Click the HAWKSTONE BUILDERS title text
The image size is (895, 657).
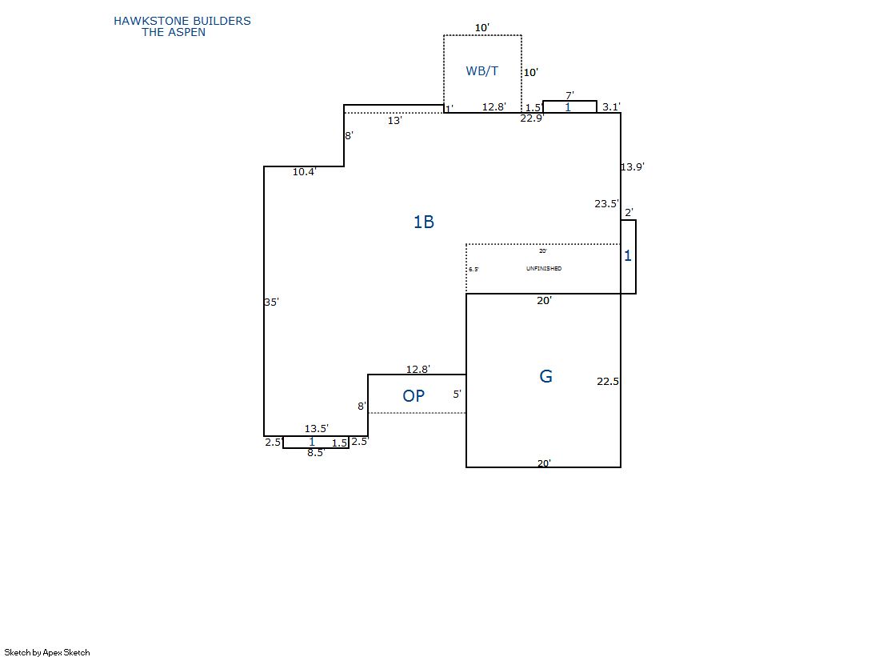tap(182, 21)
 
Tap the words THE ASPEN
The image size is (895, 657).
tap(174, 33)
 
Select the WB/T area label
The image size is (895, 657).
tap(481, 71)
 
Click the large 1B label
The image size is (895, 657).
tap(424, 222)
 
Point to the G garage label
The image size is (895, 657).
tap(545, 376)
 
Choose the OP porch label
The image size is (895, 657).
tap(414, 396)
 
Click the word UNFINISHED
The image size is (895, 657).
tap(544, 269)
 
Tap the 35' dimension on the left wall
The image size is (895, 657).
tap(271, 302)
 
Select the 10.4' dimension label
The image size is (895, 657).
tap(304, 172)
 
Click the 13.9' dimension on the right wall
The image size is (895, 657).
tap(633, 166)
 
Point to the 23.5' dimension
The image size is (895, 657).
tap(606, 204)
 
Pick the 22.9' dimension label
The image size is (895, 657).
tap(532, 118)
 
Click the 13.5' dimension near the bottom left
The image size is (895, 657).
tap(316, 428)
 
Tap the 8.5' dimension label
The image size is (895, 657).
tap(316, 452)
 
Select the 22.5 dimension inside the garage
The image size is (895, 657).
tap(608, 381)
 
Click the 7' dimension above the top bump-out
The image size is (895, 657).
tap(569, 95)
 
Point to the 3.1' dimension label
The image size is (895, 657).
tap(611, 107)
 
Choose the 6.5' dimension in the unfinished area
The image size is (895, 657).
tap(473, 269)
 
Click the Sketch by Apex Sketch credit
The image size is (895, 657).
tap(47, 652)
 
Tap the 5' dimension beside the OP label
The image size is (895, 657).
tap(457, 395)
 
